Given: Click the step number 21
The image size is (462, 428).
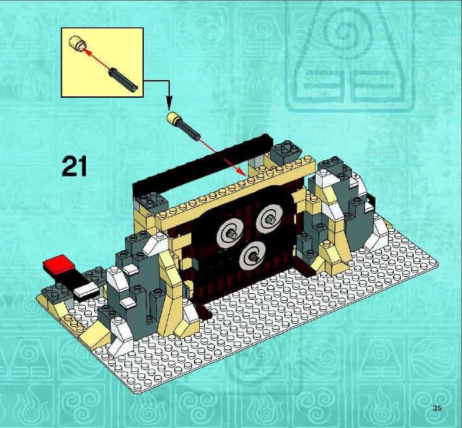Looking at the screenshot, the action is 75,166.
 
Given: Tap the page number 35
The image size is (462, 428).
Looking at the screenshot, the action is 437,408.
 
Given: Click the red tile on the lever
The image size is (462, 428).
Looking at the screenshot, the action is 59,263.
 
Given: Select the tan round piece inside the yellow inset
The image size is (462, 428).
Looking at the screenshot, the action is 78,44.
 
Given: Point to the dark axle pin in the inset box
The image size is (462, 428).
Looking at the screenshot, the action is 124,80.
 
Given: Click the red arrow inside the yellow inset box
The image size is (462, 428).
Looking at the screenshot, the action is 96,59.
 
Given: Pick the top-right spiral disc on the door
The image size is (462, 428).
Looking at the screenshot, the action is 269,219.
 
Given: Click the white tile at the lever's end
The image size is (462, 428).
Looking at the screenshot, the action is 86,289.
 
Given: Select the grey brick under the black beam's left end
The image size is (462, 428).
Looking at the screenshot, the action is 152,202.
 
